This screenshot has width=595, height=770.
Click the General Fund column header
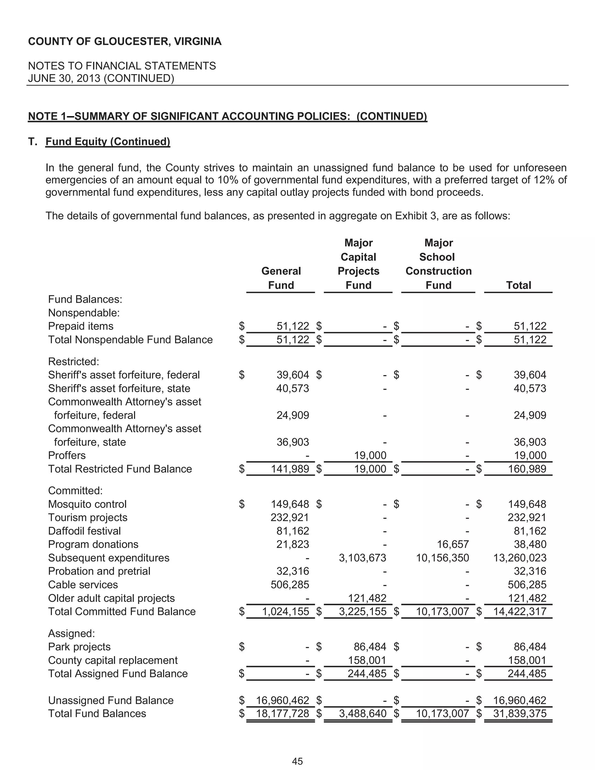coord(281,278)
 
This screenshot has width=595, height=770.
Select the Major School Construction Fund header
coord(438,264)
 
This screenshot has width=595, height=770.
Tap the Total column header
coord(518,285)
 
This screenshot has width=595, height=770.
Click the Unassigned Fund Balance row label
coord(111,700)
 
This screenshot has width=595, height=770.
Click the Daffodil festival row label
coord(84,531)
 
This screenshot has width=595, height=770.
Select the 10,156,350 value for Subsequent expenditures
coord(442,558)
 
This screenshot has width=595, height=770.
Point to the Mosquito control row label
coord(87,504)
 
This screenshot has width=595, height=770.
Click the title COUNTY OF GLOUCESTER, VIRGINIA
coord(125,41)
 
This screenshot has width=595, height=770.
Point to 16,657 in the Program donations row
coord(453,544)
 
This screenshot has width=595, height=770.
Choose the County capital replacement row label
coord(113,660)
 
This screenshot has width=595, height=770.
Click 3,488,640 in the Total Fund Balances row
coord(363,714)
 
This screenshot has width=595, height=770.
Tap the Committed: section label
coord(75,490)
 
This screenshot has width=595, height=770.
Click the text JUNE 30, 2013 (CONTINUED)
coord(101,78)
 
